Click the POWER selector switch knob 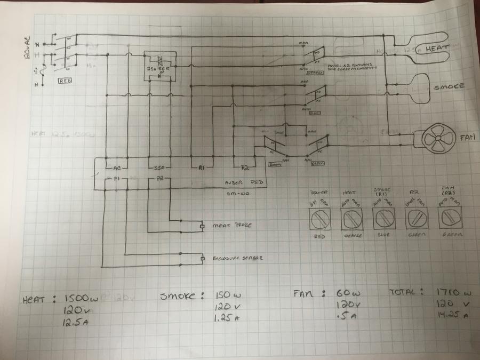(x=321, y=218)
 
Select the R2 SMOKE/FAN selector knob (x=416, y=218)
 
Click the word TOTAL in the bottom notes (x=406, y=292)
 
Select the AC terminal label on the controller (x=118, y=167)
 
